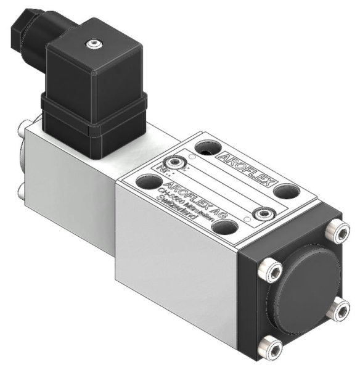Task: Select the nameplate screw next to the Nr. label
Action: pyautogui.click(x=178, y=162)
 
